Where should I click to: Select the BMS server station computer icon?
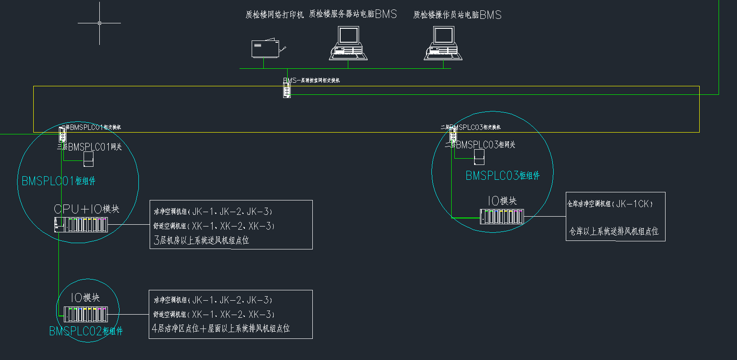(348, 43)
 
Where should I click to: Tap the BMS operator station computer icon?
(443, 43)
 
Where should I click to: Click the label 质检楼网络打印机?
(275, 15)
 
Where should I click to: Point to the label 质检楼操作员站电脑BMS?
(457, 15)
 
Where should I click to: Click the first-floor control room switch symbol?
(287, 89)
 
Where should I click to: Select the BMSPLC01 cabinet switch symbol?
(62, 134)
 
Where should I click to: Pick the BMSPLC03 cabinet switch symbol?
(453, 134)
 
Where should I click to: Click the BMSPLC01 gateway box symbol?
(89, 159)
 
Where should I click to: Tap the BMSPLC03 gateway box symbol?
(479, 156)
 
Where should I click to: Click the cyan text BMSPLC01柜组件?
(58, 181)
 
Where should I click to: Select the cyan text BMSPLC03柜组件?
(502, 176)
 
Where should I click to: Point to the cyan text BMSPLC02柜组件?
(86, 331)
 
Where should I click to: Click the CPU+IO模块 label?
(86, 209)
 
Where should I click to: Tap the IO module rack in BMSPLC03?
(502, 217)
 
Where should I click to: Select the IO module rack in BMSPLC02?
(85, 314)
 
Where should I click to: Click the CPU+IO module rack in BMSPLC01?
(81, 224)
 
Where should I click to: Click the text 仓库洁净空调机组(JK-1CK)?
(610, 204)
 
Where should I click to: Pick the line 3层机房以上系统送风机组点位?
(201, 240)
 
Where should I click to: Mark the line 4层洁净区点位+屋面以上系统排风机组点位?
(221, 329)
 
